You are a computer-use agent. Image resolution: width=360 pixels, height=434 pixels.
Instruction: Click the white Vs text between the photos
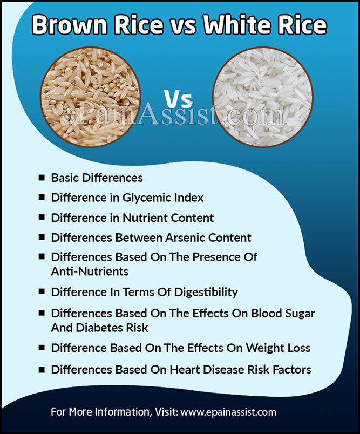(x=178, y=98)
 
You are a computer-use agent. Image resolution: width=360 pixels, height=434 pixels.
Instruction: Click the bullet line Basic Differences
(x=97, y=178)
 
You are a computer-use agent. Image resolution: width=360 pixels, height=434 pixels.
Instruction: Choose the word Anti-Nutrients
(x=90, y=271)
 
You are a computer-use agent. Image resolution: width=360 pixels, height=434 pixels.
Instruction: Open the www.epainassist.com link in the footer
(x=228, y=412)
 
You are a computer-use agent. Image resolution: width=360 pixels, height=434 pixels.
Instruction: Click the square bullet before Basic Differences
(x=41, y=178)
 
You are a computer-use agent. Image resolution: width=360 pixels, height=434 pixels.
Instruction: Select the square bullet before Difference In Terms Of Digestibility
(x=41, y=292)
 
